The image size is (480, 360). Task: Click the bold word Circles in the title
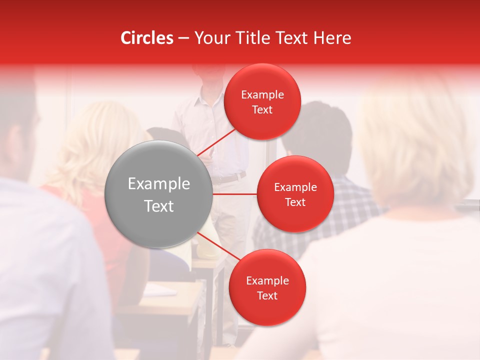[x=147, y=38]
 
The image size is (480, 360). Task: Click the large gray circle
[x=158, y=194]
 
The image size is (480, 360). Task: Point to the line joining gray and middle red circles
[x=235, y=194]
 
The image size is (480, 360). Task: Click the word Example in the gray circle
[x=158, y=183]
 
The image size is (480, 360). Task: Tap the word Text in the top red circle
[x=262, y=110]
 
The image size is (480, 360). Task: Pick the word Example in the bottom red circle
[x=267, y=280]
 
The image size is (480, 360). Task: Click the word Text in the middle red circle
[x=295, y=202]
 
